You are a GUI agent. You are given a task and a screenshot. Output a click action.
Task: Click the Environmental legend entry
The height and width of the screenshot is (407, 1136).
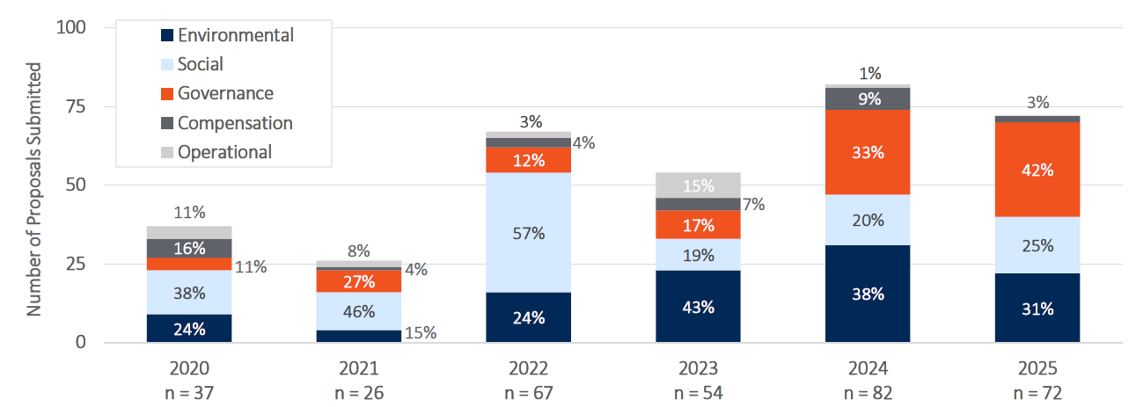227,36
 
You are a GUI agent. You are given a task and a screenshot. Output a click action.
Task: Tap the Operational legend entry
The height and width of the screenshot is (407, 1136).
216,152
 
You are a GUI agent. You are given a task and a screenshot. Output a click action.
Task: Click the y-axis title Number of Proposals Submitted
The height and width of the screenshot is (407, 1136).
34,189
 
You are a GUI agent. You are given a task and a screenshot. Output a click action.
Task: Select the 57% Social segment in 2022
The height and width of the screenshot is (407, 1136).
528,233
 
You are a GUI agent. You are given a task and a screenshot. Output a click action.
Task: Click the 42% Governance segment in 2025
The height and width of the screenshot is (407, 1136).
1037,170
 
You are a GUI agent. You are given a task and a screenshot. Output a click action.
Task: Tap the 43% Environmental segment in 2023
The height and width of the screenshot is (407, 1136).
698,307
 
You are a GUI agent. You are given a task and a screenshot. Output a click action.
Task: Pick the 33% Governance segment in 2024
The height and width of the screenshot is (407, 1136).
868,151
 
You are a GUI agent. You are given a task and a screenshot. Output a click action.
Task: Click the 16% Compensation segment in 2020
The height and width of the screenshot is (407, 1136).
189,248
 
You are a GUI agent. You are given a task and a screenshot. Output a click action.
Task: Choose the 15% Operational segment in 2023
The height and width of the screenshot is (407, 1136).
698,185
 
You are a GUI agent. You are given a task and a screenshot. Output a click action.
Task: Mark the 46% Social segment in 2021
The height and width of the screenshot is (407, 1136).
359,311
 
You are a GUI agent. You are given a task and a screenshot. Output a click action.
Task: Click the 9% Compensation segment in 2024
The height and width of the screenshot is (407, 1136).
868,99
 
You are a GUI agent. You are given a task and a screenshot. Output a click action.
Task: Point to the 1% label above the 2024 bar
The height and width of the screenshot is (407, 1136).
868,74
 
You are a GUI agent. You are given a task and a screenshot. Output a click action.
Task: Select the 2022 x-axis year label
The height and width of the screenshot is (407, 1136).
528,367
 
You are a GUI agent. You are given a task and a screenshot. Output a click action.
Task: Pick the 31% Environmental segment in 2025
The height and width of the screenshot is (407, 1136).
1037,309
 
